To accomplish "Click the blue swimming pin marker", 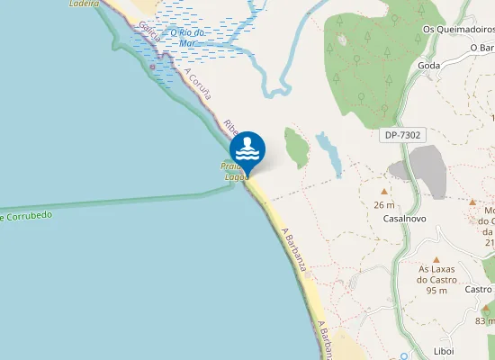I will pyautogui.click(x=247, y=149).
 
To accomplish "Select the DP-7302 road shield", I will pyautogui.click(x=402, y=135).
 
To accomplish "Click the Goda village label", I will pyautogui.click(x=428, y=66).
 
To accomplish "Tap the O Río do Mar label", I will pyautogui.click(x=188, y=38).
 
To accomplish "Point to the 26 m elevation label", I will pyautogui.click(x=384, y=205).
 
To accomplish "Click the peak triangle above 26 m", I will pyautogui.click(x=384, y=192).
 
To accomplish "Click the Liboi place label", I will pyautogui.click(x=444, y=350).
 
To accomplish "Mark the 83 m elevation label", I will pyautogui.click(x=485, y=321).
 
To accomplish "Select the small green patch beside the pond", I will pyautogui.click(x=296, y=147).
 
